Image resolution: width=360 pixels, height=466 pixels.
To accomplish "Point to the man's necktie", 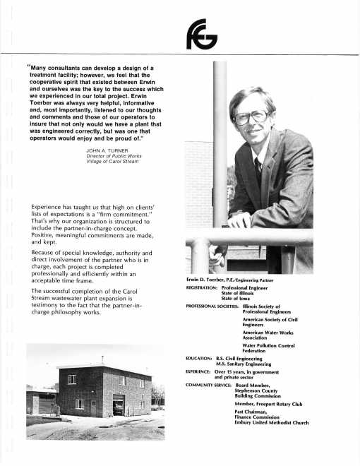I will (259, 169).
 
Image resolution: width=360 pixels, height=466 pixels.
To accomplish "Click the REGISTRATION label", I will (205, 289).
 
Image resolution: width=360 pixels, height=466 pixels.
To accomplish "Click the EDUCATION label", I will (200, 359).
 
